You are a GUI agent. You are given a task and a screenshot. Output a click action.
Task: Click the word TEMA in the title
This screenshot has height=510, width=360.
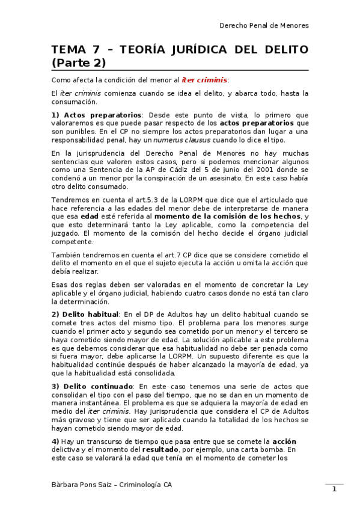pyautogui.click(x=67, y=49)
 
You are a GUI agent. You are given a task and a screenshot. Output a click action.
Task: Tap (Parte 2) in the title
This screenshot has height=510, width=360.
pyautogui.click(x=79, y=62)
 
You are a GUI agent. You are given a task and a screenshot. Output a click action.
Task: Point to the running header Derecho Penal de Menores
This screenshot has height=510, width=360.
pyautogui.click(x=264, y=25)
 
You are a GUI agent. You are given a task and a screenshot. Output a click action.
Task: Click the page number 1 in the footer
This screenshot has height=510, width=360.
pyautogui.click(x=334, y=489)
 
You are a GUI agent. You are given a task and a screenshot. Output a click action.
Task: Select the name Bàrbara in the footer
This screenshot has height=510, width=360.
pyautogui.click(x=66, y=485)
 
